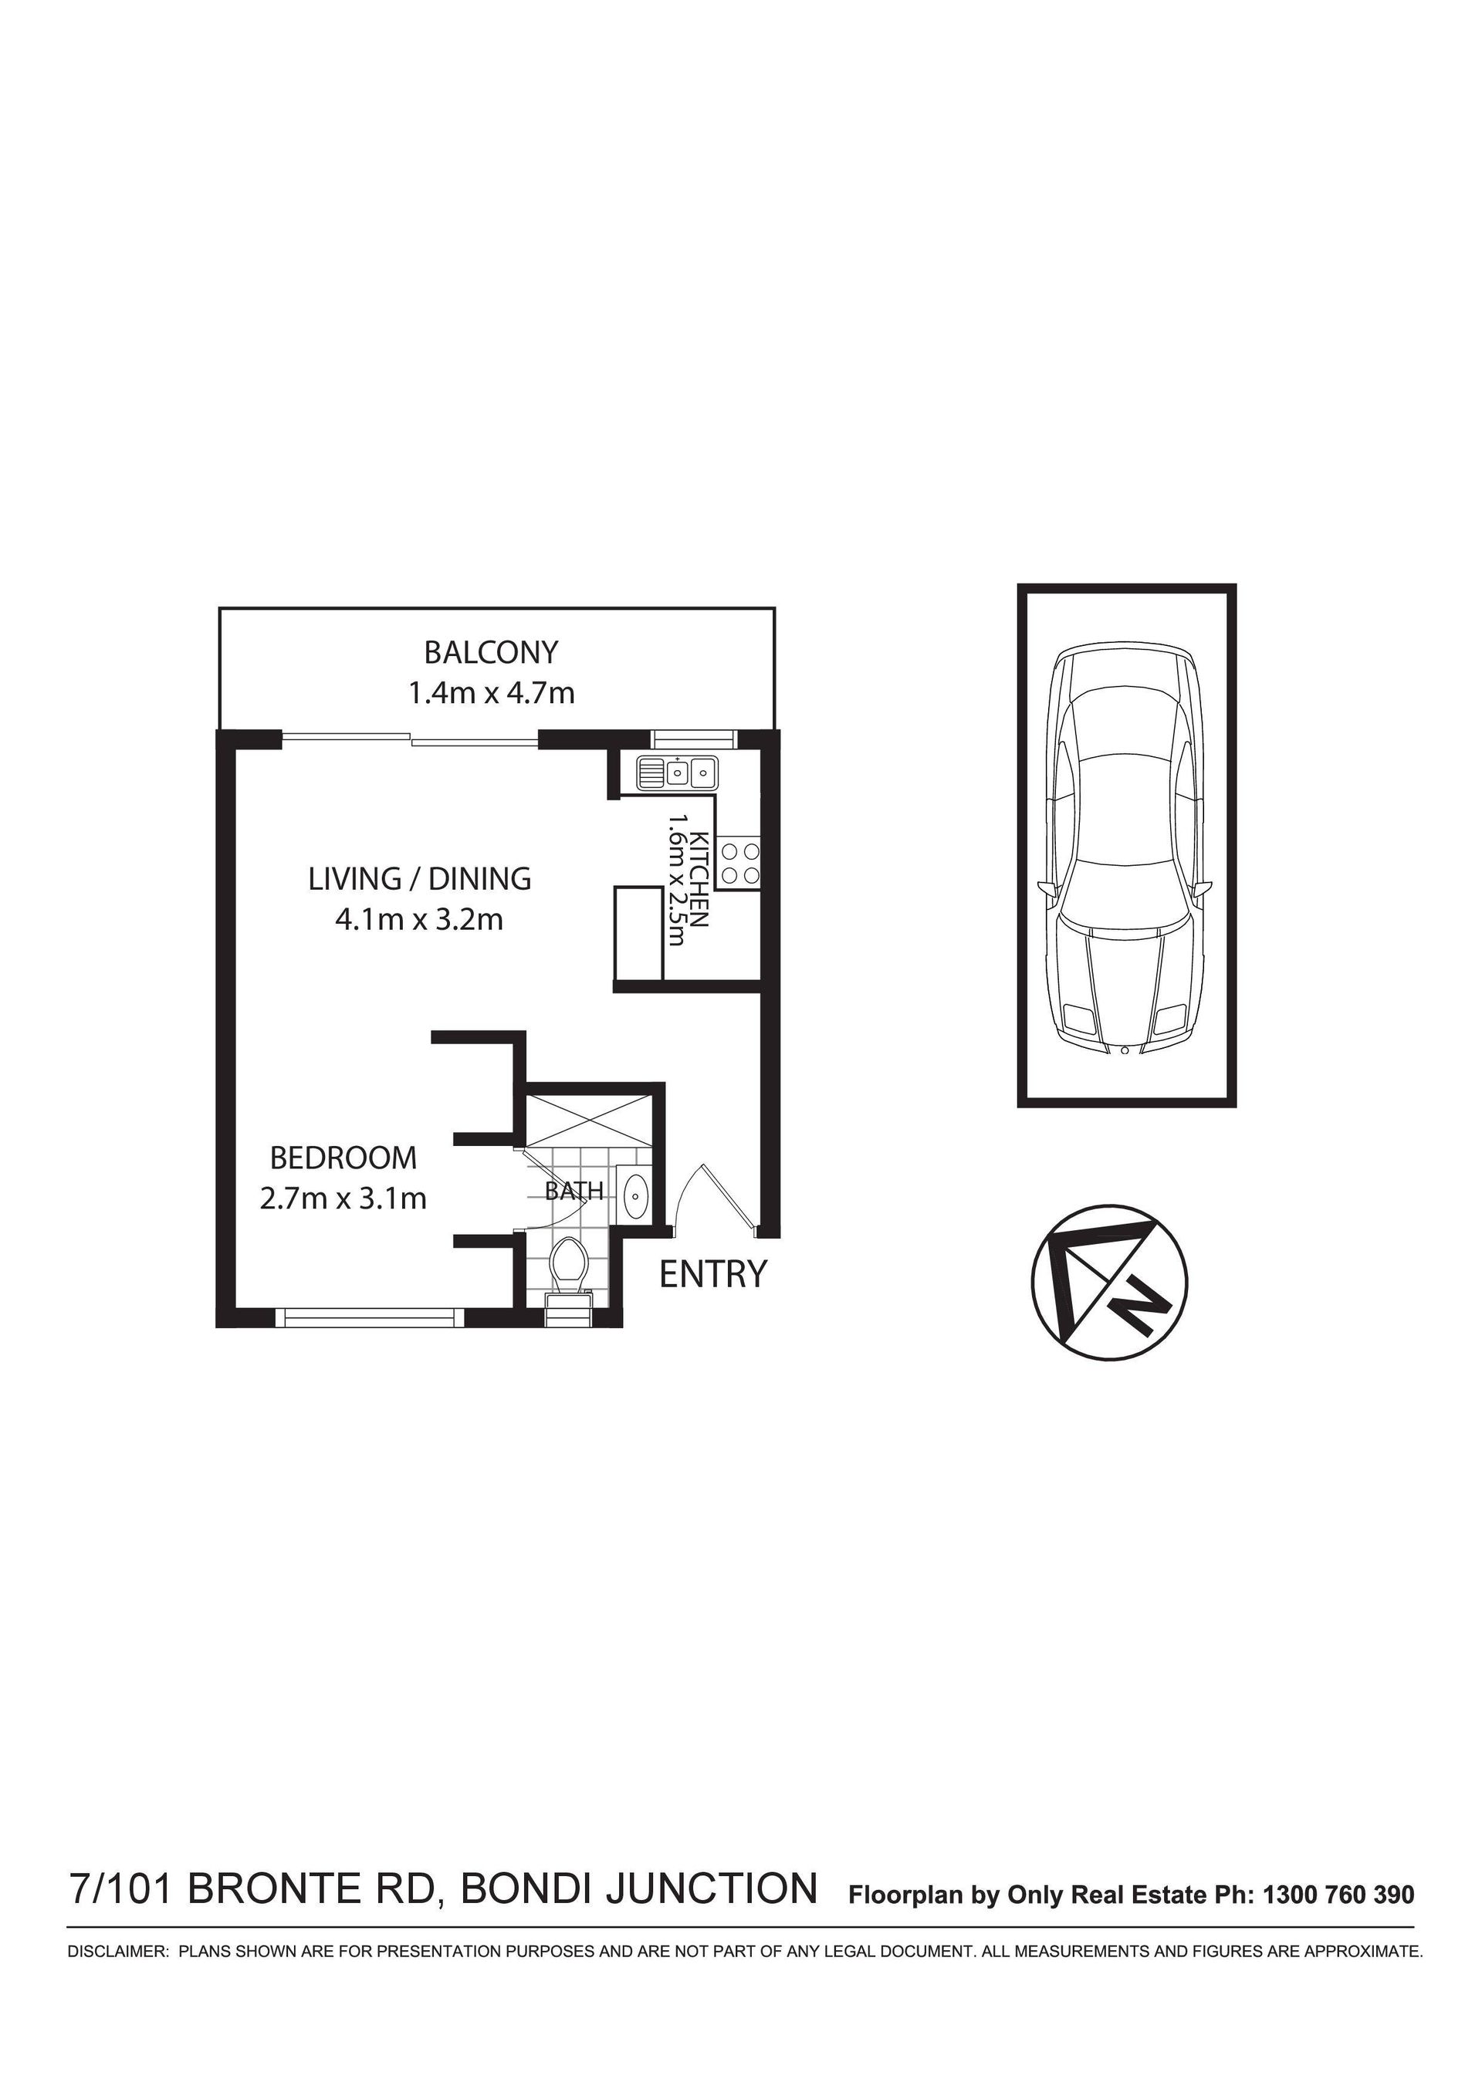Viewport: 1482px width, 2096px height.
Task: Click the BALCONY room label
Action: pyautogui.click(x=490, y=653)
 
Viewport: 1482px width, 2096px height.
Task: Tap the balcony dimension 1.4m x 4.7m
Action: pyautogui.click(x=490, y=694)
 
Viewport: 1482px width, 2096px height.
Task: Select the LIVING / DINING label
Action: pyautogui.click(x=419, y=878)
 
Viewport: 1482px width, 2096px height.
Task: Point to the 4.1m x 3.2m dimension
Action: pyautogui.click(x=419, y=919)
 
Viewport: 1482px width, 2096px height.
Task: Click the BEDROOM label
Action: pyautogui.click(x=343, y=1158)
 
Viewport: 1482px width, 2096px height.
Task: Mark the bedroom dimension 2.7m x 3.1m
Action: pyautogui.click(x=343, y=1198)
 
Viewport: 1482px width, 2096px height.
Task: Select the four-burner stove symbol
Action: pyautogui.click(x=739, y=864)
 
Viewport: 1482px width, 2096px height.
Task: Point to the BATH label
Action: pyautogui.click(x=574, y=1192)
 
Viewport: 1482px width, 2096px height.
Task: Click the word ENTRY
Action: pyautogui.click(x=713, y=1273)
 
